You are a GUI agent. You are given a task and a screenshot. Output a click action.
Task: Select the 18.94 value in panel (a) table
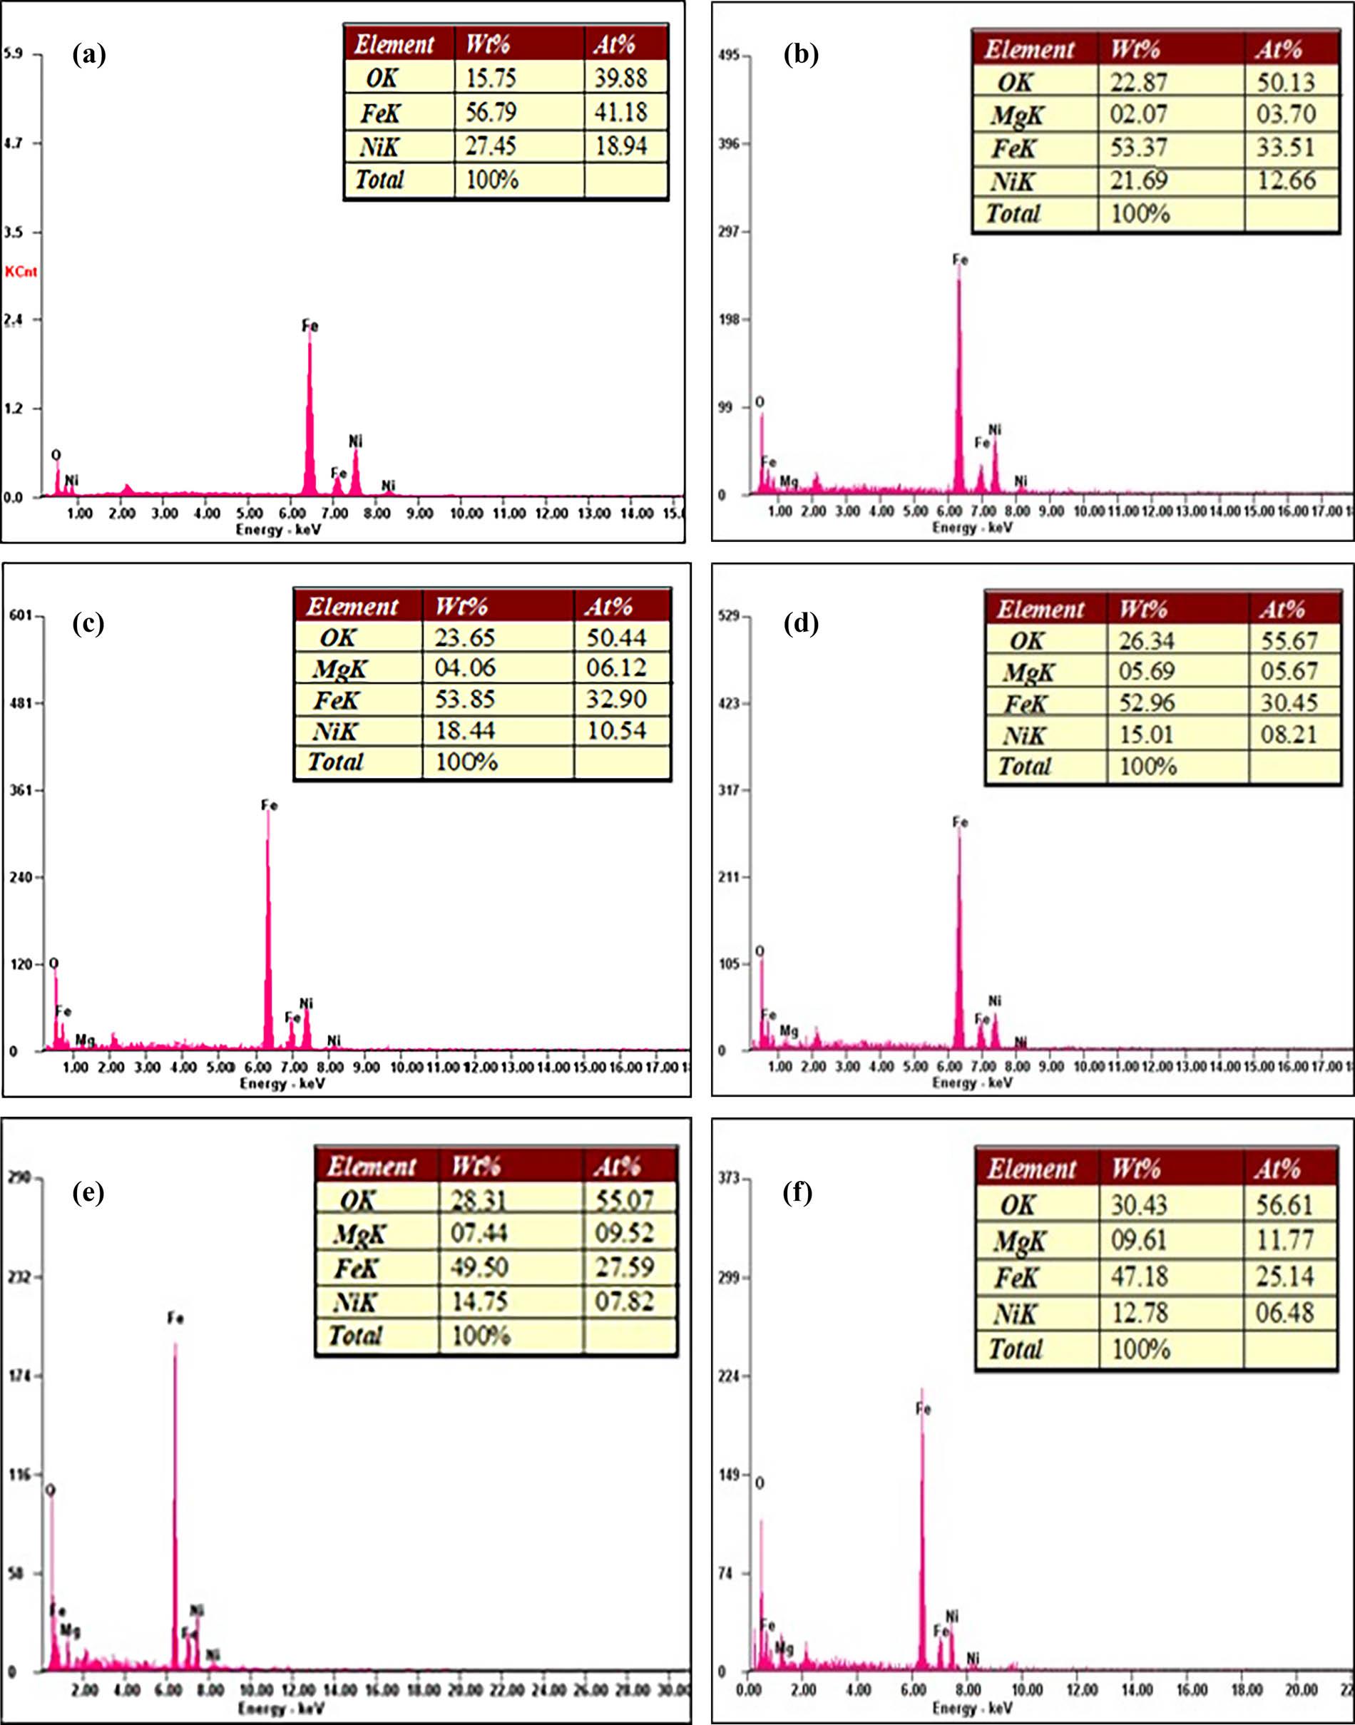click(620, 146)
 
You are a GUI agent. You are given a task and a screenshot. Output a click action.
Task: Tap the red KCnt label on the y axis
click(21, 272)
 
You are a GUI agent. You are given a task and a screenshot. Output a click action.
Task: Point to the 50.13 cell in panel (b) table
click(1286, 82)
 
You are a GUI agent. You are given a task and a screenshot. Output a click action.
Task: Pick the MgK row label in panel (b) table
click(1018, 116)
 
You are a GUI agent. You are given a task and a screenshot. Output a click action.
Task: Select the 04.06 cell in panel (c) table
click(465, 667)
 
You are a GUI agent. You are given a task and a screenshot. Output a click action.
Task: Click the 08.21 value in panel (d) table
click(1289, 734)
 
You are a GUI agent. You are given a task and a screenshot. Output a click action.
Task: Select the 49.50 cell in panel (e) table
click(479, 1266)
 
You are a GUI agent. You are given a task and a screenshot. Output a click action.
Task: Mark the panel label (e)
click(88, 1192)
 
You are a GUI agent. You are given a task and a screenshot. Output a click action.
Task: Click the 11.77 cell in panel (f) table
click(1284, 1239)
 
